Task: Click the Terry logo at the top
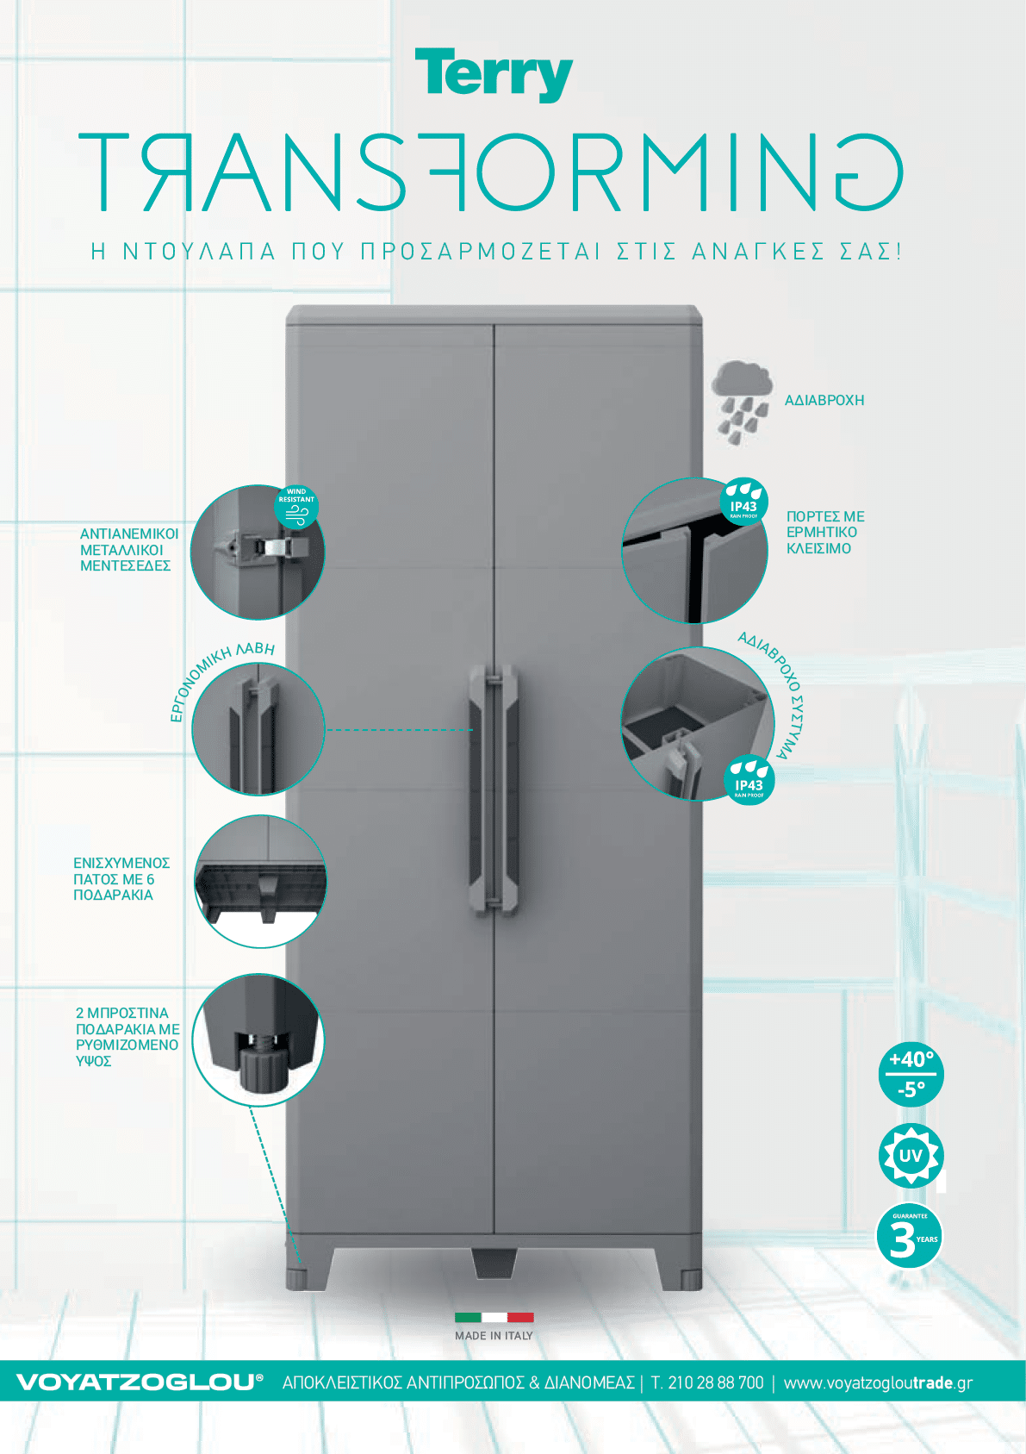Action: pyautogui.click(x=494, y=74)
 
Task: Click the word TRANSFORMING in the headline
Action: pyautogui.click(x=491, y=172)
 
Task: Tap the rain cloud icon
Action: pyautogui.click(x=742, y=403)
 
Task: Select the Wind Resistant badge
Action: pyautogui.click(x=296, y=507)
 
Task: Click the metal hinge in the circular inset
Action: pyautogui.click(x=259, y=546)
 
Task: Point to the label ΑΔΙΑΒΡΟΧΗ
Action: pyautogui.click(x=824, y=401)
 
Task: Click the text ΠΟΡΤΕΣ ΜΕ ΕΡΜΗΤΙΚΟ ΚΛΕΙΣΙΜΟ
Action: pyautogui.click(x=825, y=533)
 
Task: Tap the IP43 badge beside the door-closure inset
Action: pyautogui.click(x=743, y=501)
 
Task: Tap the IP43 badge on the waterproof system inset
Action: pyautogui.click(x=749, y=780)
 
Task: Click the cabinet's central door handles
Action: pyautogui.click(x=494, y=789)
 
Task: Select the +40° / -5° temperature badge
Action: pyautogui.click(x=911, y=1074)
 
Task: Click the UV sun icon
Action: pyautogui.click(x=911, y=1156)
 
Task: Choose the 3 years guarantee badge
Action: pyautogui.click(x=909, y=1236)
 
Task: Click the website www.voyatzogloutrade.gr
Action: pyautogui.click(x=878, y=1382)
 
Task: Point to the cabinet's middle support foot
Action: pyautogui.click(x=494, y=1263)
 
